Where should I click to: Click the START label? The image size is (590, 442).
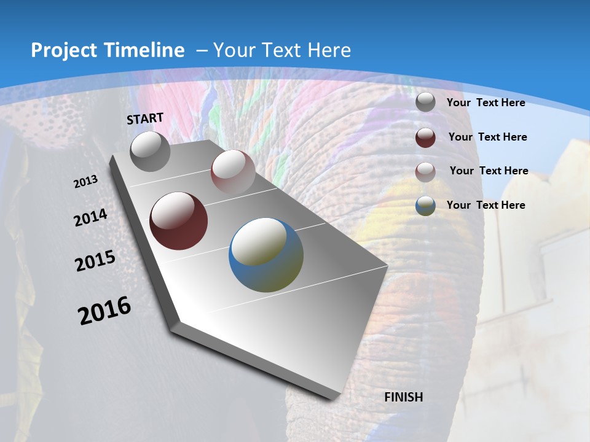pyautogui.click(x=145, y=118)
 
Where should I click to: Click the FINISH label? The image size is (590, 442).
pyautogui.click(x=404, y=397)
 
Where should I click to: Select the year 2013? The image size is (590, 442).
pyautogui.click(x=85, y=181)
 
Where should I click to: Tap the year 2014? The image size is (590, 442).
pyautogui.click(x=90, y=218)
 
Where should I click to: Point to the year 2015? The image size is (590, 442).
pyautogui.click(x=95, y=261)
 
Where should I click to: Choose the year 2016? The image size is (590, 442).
pyautogui.click(x=104, y=310)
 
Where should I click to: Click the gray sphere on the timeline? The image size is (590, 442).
pyautogui.click(x=151, y=151)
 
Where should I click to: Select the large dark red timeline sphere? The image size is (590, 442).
pyautogui.click(x=179, y=221)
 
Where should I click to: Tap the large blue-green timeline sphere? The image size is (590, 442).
pyautogui.click(x=266, y=255)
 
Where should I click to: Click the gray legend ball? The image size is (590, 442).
pyautogui.click(x=425, y=103)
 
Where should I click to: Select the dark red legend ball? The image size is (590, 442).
pyautogui.click(x=425, y=138)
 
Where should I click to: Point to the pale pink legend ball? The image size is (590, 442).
pyautogui.click(x=425, y=172)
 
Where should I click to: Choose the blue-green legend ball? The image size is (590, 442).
pyautogui.click(x=425, y=206)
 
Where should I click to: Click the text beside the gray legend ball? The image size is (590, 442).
pyautogui.click(x=486, y=103)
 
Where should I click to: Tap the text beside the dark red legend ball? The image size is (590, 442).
pyautogui.click(x=487, y=137)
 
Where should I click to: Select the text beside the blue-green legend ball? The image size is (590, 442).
pyautogui.click(x=486, y=205)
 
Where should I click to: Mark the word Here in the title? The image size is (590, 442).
pyautogui.click(x=329, y=50)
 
